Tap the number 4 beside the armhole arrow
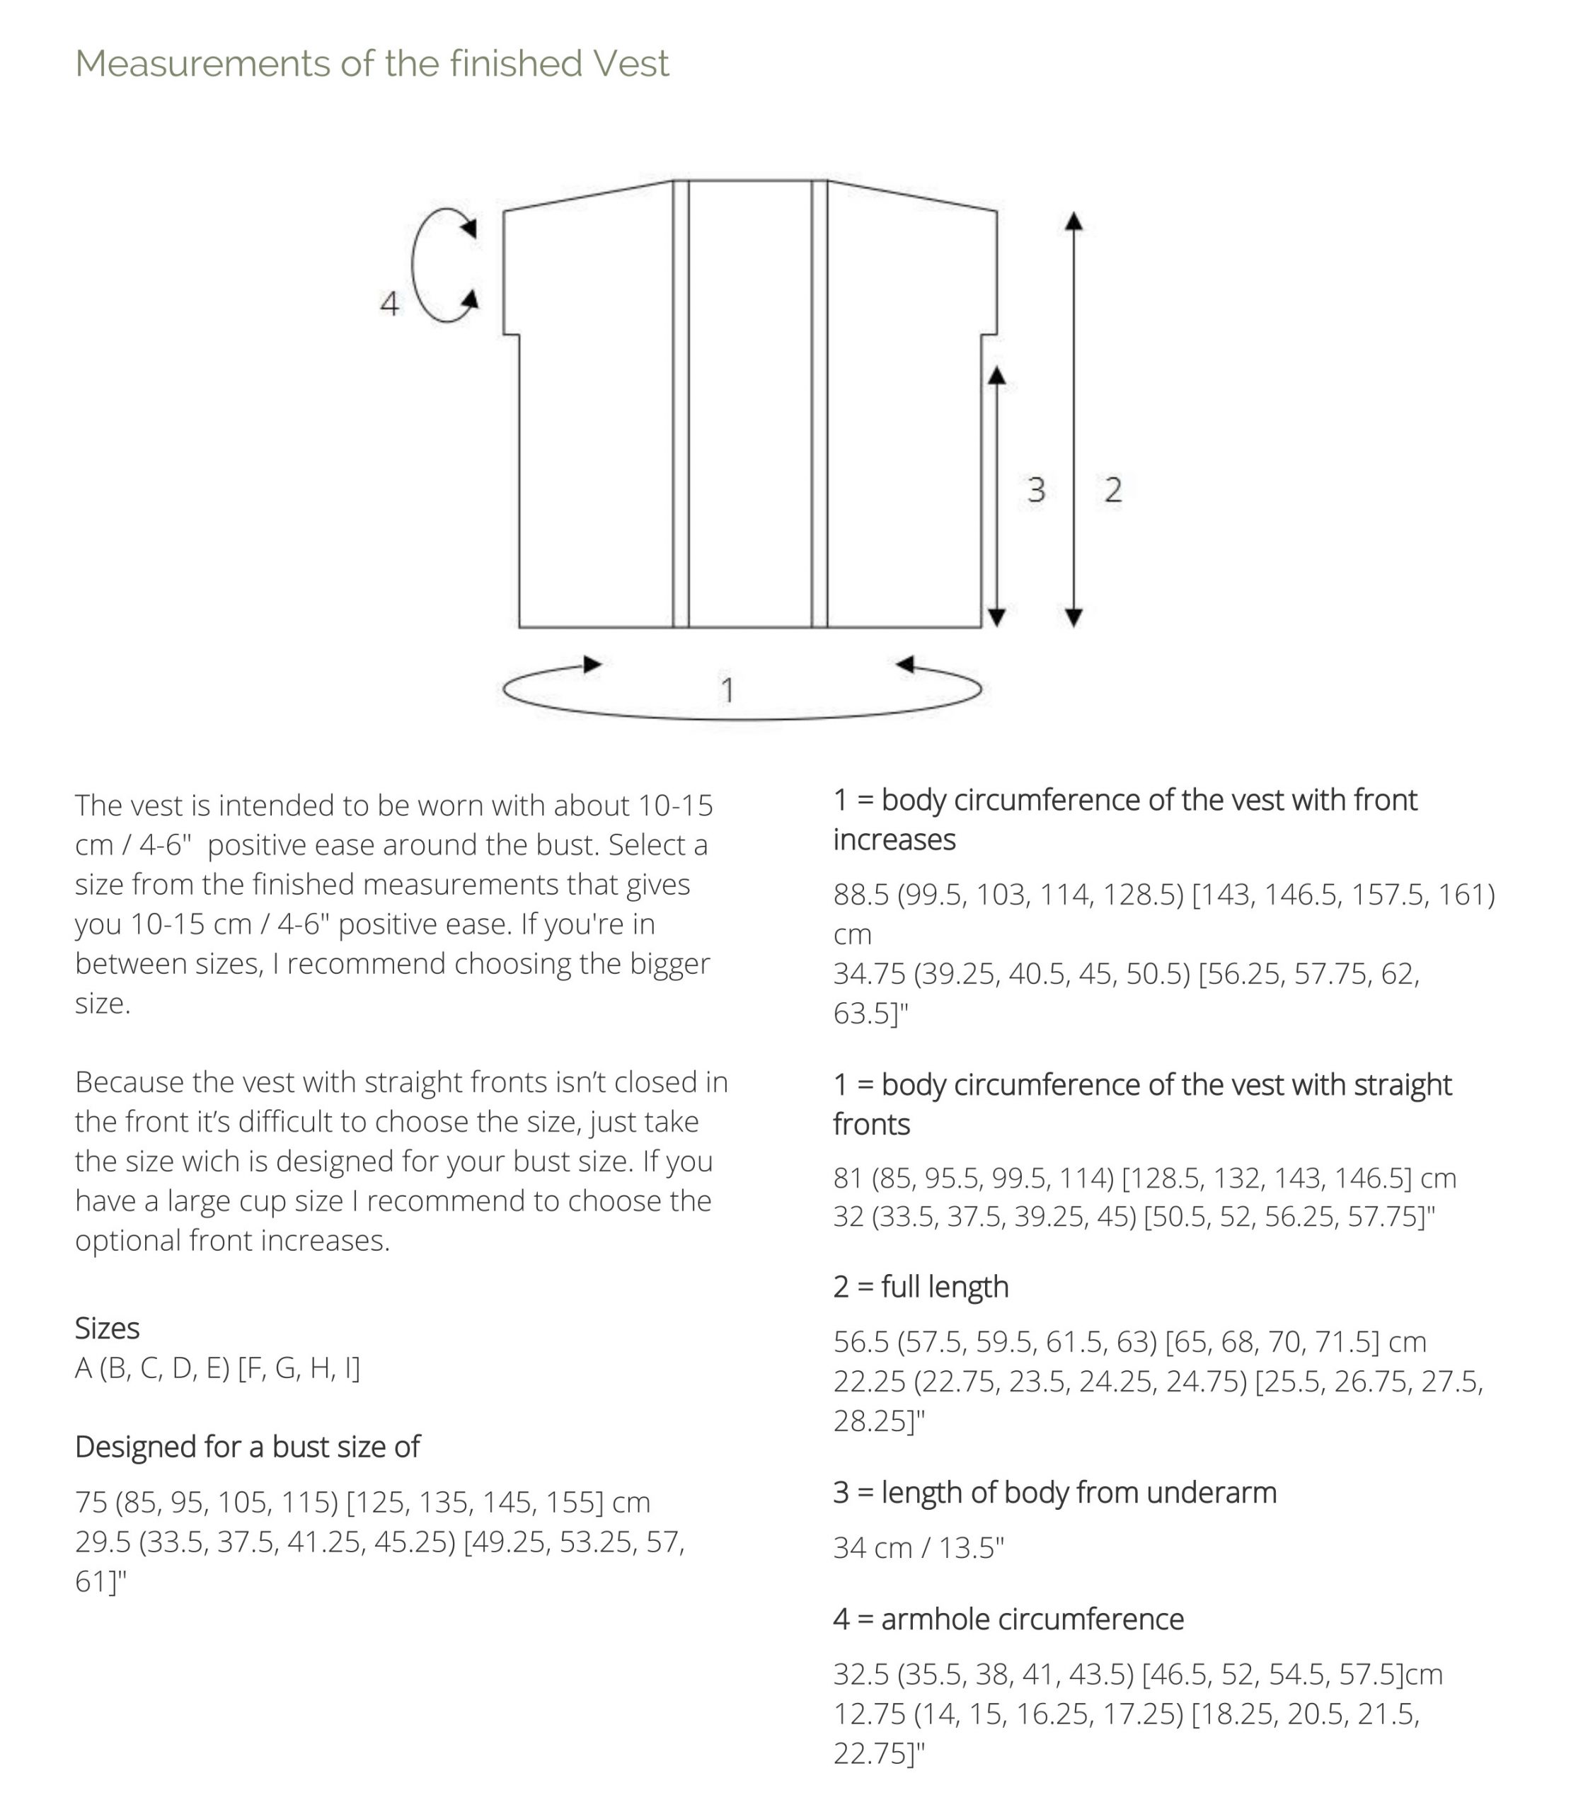click(389, 304)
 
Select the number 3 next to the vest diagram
click(1035, 489)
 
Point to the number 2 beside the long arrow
click(1112, 489)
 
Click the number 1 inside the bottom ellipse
click(727, 690)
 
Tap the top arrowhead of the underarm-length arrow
click(996, 375)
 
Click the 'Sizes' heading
click(107, 1327)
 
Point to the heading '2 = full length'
click(921, 1286)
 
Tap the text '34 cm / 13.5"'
click(918, 1547)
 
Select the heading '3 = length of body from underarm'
click(1054, 1491)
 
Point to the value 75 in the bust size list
click(91, 1502)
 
